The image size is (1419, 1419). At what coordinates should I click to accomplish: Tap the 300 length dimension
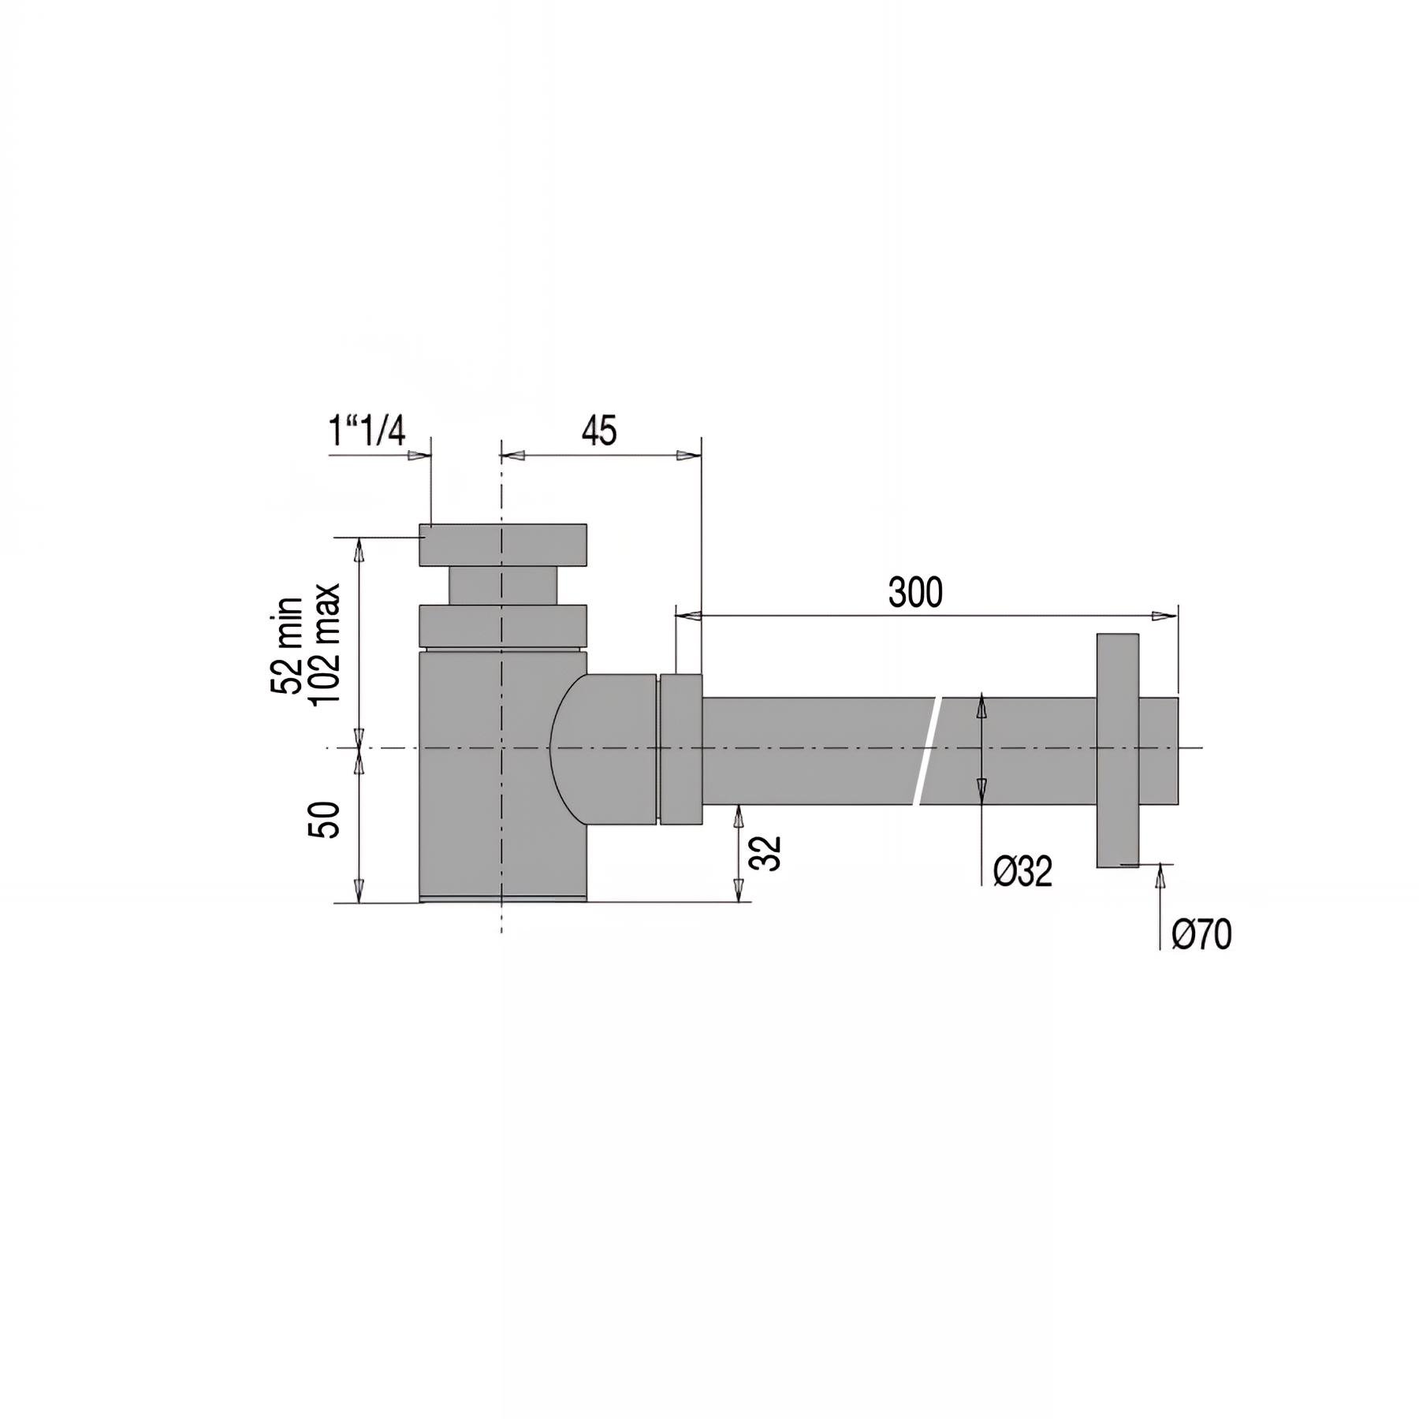(x=915, y=593)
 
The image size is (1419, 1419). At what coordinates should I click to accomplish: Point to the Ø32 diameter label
(x=1022, y=872)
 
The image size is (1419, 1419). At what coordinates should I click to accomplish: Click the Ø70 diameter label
(x=1201, y=935)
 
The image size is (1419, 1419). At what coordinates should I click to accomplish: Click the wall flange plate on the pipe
(x=1118, y=750)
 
